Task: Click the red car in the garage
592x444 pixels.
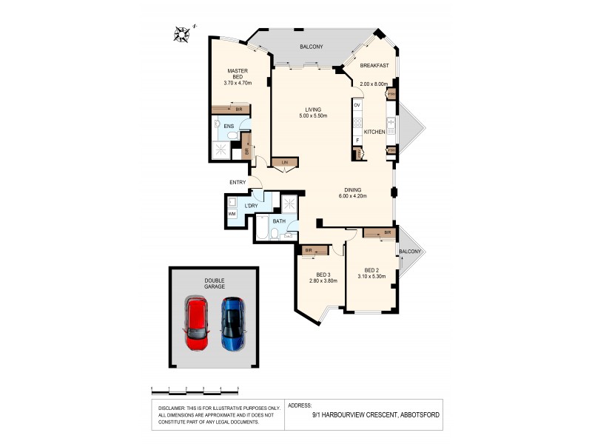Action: click(x=197, y=323)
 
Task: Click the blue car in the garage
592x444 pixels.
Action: click(x=233, y=323)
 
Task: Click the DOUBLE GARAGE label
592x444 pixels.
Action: click(x=215, y=283)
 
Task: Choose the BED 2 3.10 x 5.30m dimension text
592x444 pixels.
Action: click(x=372, y=276)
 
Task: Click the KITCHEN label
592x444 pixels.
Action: click(x=374, y=132)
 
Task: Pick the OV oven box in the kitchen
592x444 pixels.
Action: click(x=357, y=106)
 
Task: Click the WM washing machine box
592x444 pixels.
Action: click(x=232, y=214)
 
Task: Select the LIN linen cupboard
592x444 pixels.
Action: click(x=284, y=162)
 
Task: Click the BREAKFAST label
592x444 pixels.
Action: click(x=374, y=66)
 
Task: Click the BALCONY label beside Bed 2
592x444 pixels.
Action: click(x=410, y=252)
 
